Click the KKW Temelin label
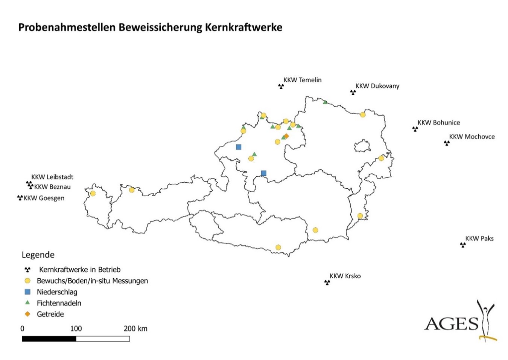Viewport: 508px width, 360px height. click(302, 80)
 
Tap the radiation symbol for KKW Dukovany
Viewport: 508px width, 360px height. click(353, 92)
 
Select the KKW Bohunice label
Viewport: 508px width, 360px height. click(438, 122)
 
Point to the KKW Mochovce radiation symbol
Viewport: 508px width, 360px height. click(447, 143)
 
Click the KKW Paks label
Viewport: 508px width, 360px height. click(479, 238)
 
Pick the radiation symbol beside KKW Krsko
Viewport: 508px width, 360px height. click(327, 282)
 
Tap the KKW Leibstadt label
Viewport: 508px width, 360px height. click(52, 177)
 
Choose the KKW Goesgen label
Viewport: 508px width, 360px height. click(44, 198)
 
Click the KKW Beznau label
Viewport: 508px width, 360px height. click(52, 187)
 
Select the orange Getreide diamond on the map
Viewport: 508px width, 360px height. click(286, 136)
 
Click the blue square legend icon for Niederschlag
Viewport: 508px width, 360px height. click(27, 292)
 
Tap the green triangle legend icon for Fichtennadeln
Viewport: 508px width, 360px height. click(27, 303)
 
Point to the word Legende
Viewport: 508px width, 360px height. click(38, 255)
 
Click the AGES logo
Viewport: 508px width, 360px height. click(460, 322)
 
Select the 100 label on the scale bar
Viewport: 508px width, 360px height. click(76, 328)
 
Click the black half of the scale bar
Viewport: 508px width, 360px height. click(49, 339)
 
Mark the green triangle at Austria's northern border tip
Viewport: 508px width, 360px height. click(325, 102)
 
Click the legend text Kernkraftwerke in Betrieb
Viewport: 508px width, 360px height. click(80, 270)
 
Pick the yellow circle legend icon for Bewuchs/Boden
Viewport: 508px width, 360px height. click(27, 281)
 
